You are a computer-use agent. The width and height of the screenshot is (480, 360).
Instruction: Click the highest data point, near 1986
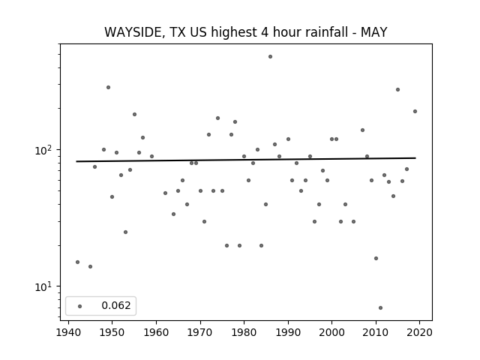coord(270,57)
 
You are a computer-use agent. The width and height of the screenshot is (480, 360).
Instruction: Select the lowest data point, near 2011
coord(380,308)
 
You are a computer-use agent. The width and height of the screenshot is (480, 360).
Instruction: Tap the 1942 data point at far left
coord(77,262)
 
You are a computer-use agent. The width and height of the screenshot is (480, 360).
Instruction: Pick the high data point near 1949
coord(108,88)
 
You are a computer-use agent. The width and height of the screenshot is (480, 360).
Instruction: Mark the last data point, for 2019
coord(415,112)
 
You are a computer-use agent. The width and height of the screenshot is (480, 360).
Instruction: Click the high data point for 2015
coord(397,90)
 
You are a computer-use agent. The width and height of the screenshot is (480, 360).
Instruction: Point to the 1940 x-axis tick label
coord(68,332)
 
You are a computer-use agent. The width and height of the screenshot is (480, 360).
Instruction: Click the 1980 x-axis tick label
coord(244,332)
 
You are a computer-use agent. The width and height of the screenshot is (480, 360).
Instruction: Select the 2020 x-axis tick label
coord(419,332)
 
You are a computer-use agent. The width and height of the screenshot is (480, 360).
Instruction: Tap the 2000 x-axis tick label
coord(331,332)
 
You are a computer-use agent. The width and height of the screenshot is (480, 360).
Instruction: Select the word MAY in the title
coord(374,32)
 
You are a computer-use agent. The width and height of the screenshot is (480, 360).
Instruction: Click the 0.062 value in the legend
coord(116,305)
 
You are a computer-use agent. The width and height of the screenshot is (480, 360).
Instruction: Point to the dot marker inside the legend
coord(80,306)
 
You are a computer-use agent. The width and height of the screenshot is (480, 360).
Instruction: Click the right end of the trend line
coord(415,158)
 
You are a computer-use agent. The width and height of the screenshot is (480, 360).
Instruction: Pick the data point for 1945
coord(90,267)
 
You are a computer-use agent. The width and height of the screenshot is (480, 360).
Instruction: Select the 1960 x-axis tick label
coord(156,332)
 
